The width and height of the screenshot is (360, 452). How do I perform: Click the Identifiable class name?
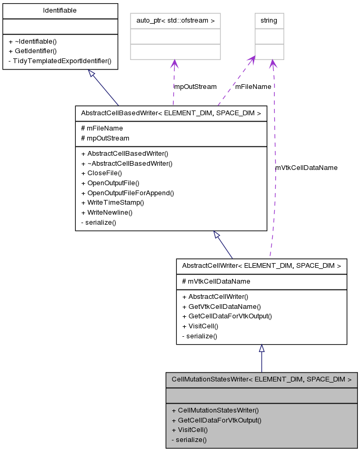point(59,11)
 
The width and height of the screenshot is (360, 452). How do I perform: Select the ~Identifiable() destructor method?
point(33,41)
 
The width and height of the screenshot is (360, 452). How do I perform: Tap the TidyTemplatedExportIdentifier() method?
point(60,61)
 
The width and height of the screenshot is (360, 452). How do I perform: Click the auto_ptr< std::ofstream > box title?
point(175,21)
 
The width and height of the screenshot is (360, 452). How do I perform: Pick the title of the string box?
point(269,21)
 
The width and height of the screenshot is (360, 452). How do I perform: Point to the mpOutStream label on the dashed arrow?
point(195,86)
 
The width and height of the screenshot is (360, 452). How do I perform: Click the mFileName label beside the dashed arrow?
point(253,86)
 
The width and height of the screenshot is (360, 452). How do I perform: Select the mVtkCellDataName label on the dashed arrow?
point(306,167)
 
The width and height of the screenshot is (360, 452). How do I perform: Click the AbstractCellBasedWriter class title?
point(171,113)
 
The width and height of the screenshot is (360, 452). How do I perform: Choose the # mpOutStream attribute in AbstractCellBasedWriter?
point(105,138)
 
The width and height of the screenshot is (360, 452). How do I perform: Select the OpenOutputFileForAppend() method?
point(127,193)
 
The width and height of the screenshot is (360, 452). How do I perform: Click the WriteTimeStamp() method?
point(112,203)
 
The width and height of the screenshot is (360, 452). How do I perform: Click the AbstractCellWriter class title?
point(261,266)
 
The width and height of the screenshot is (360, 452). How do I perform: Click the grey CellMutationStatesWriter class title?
point(261,379)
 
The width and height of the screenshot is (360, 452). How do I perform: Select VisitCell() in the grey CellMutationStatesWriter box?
point(190,429)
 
